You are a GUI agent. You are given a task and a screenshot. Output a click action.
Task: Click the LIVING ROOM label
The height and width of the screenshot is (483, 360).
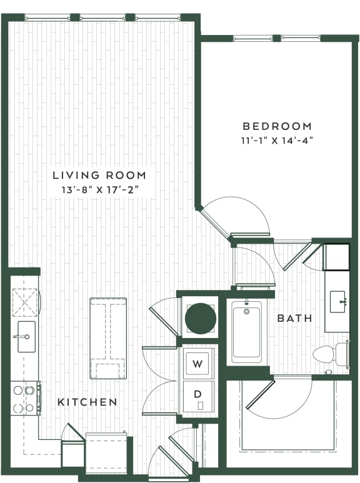(99, 175)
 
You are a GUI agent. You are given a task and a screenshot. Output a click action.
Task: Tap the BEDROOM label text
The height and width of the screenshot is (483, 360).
(277, 125)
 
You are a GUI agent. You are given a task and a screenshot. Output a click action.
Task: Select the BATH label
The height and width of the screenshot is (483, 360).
(294, 319)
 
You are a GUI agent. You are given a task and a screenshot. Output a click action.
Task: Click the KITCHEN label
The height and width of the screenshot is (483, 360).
(87, 402)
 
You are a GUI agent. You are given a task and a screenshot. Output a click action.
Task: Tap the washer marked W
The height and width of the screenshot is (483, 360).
(198, 364)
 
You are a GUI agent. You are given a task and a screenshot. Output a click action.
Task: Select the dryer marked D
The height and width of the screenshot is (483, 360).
(198, 395)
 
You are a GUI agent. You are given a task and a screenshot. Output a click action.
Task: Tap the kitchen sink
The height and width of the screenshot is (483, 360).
(26, 337)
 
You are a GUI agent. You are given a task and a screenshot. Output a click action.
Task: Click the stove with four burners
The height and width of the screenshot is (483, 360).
(24, 399)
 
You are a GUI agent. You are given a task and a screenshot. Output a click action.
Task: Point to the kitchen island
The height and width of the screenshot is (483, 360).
(108, 337)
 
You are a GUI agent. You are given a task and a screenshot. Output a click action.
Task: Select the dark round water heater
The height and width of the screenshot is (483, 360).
(201, 318)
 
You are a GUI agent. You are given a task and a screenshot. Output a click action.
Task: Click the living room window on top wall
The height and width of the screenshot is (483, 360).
(103, 17)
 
